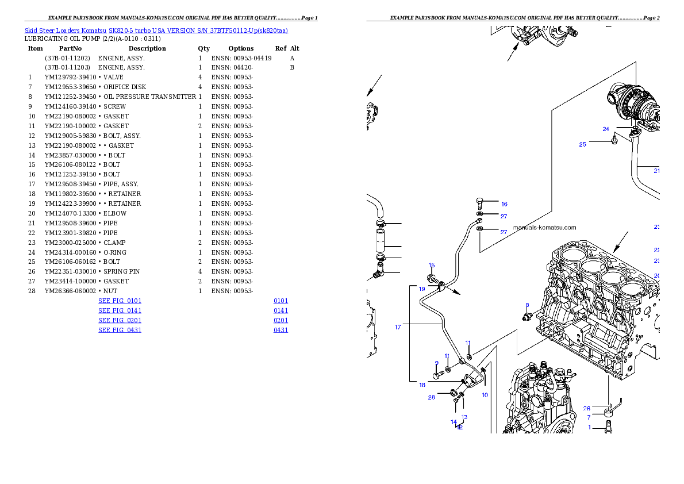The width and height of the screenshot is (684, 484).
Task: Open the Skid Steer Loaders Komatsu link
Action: point(66,30)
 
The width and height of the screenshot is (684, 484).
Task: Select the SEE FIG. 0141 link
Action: point(120,311)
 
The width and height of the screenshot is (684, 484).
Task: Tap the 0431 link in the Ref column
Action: point(281,330)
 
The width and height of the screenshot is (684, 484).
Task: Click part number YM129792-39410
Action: point(70,77)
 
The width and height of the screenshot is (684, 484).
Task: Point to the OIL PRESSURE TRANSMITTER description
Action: point(149,97)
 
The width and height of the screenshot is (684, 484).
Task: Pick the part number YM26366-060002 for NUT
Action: point(70,291)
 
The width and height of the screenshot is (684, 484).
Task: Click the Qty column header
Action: point(203,48)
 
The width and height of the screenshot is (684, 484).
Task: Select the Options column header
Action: point(241,48)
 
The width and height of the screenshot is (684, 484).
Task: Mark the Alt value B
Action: point(292,68)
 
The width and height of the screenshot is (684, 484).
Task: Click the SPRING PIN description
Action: point(122,271)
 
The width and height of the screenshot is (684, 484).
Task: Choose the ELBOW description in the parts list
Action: point(115,213)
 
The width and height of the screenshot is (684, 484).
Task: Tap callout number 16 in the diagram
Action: point(504,204)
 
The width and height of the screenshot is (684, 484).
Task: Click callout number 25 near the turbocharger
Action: point(583,144)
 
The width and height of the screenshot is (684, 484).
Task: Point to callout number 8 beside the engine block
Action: point(527,305)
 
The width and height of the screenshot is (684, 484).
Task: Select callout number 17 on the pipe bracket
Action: point(398,327)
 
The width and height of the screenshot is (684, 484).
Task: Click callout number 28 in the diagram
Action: point(432,398)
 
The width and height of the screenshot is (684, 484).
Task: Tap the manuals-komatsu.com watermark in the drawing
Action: point(545,228)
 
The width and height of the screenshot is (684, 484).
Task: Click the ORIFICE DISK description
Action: point(125,87)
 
